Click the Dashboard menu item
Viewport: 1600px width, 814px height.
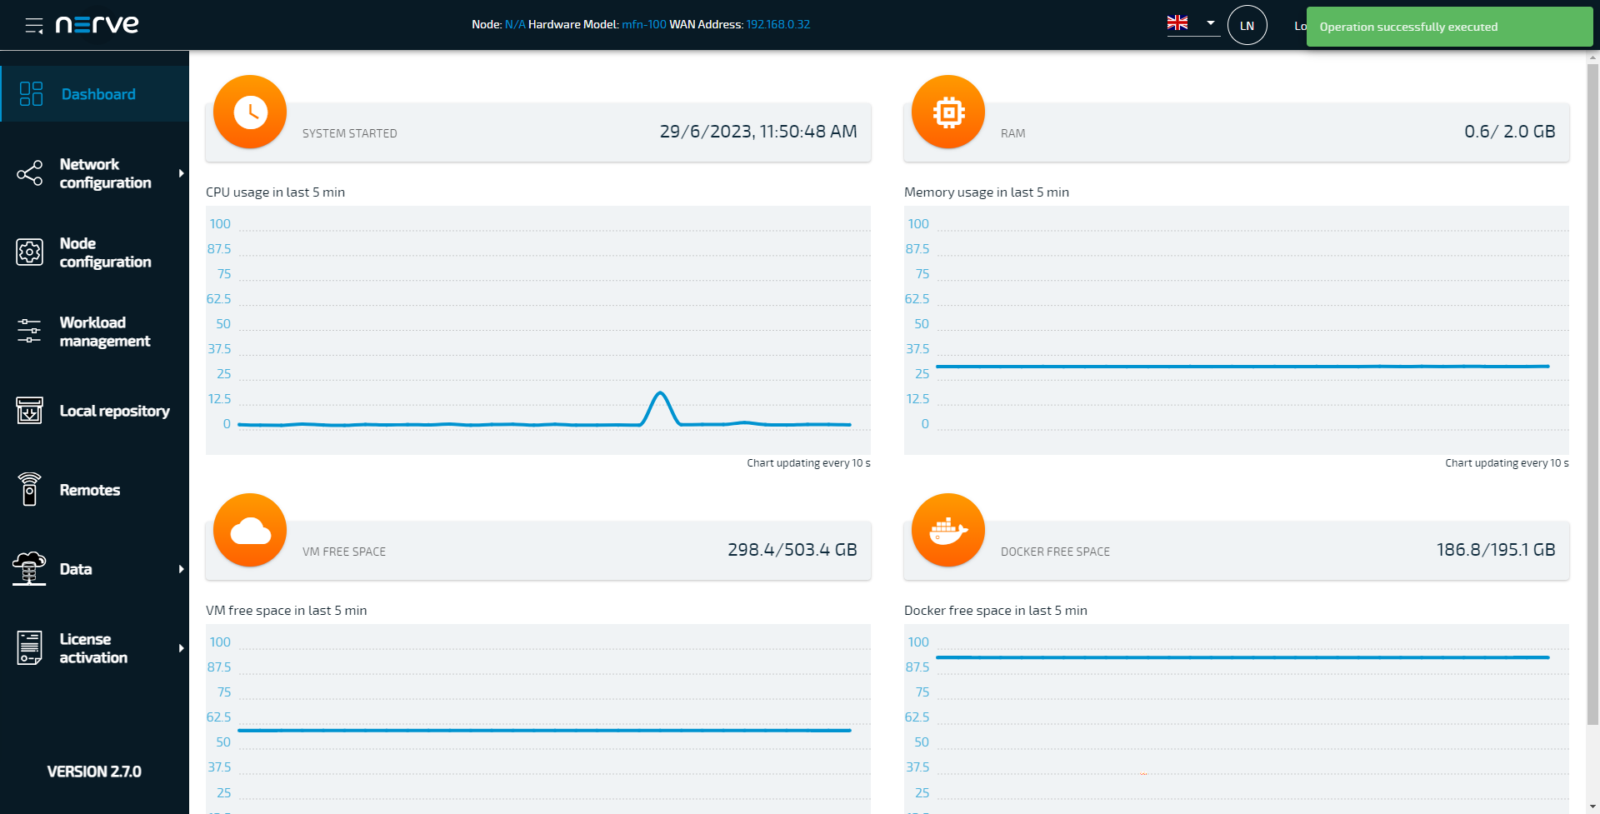[x=97, y=94]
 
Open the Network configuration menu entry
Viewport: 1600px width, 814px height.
[x=104, y=173]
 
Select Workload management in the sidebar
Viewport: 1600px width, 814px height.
[x=104, y=332]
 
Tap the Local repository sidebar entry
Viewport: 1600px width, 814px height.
[x=113, y=411]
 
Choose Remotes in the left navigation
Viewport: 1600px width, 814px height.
[x=89, y=490]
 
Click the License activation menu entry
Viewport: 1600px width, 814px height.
[x=93, y=648]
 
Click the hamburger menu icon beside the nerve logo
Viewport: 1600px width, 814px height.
[x=34, y=26]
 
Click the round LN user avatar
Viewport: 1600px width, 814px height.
[x=1247, y=26]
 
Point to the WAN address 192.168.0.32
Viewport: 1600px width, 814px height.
[x=777, y=25]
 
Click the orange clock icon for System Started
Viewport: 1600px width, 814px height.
[x=250, y=112]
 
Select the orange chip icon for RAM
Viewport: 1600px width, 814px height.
[x=948, y=112]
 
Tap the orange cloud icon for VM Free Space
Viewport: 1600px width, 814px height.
[x=250, y=530]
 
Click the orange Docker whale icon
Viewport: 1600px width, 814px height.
[x=948, y=530]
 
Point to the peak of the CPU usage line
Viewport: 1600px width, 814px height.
[x=660, y=392]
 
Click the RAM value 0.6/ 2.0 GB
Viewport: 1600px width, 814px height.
[x=1509, y=132]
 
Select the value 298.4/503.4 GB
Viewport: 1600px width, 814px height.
[x=792, y=550]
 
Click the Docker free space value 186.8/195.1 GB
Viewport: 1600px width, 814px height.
[x=1495, y=550]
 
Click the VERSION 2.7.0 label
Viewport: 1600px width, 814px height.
[x=94, y=772]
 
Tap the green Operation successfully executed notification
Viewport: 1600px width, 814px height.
[x=1449, y=27]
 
